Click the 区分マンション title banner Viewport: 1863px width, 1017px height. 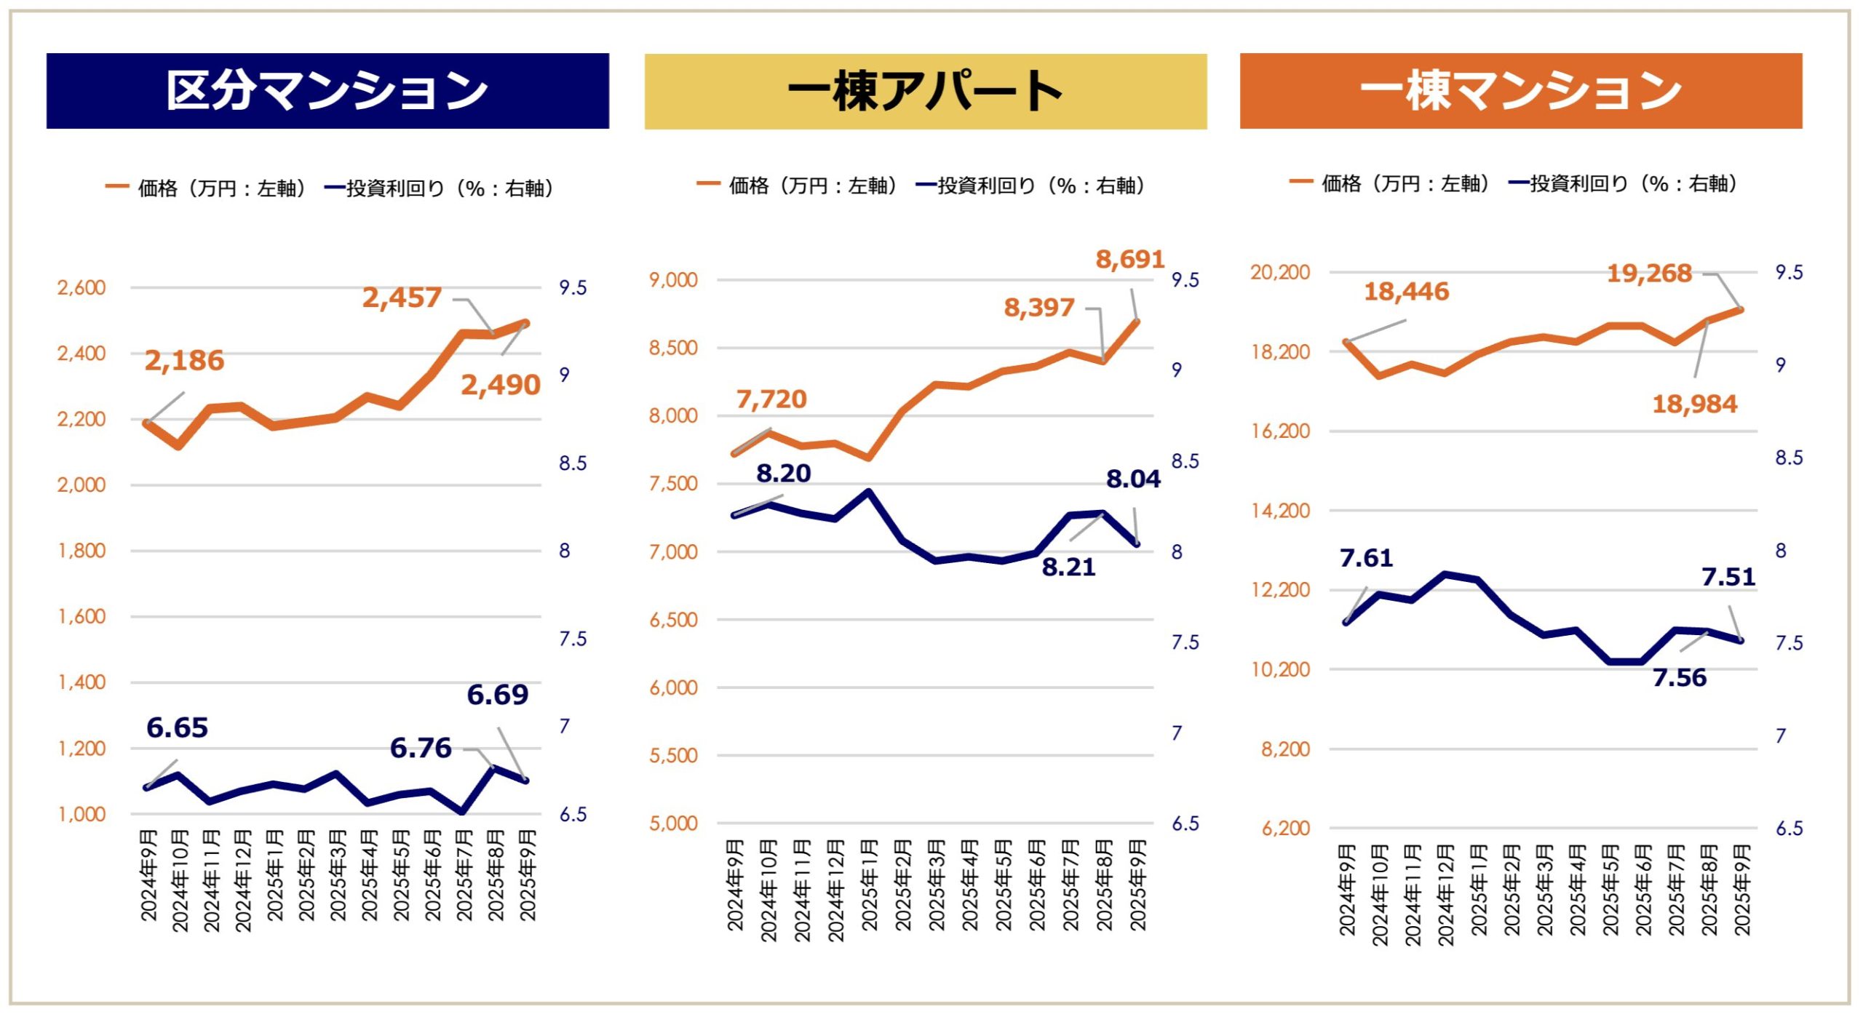[x=327, y=91]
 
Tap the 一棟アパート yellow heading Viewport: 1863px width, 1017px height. [x=925, y=92]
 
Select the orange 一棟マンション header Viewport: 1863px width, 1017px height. [x=1520, y=91]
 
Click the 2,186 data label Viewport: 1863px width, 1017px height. [x=184, y=361]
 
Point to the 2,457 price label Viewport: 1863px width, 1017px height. [x=402, y=298]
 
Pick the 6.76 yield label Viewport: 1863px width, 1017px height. [x=421, y=748]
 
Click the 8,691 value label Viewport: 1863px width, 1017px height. [x=1129, y=259]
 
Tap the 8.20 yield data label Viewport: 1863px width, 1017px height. [x=783, y=474]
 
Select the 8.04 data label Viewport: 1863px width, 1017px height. [x=1133, y=479]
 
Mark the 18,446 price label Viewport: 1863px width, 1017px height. [x=1406, y=292]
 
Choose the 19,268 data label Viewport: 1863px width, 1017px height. [x=1649, y=274]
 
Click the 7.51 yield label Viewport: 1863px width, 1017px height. [x=1728, y=577]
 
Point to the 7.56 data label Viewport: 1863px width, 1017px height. [x=1679, y=678]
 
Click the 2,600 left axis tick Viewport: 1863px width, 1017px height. [x=82, y=288]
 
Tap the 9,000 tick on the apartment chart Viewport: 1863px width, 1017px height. [x=673, y=280]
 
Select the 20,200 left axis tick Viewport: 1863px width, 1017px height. [x=1279, y=273]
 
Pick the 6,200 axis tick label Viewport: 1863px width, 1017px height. [x=1285, y=829]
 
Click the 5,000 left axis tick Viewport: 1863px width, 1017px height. [x=673, y=823]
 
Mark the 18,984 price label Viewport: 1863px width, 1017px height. [x=1694, y=404]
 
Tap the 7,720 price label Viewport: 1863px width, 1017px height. [x=771, y=399]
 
